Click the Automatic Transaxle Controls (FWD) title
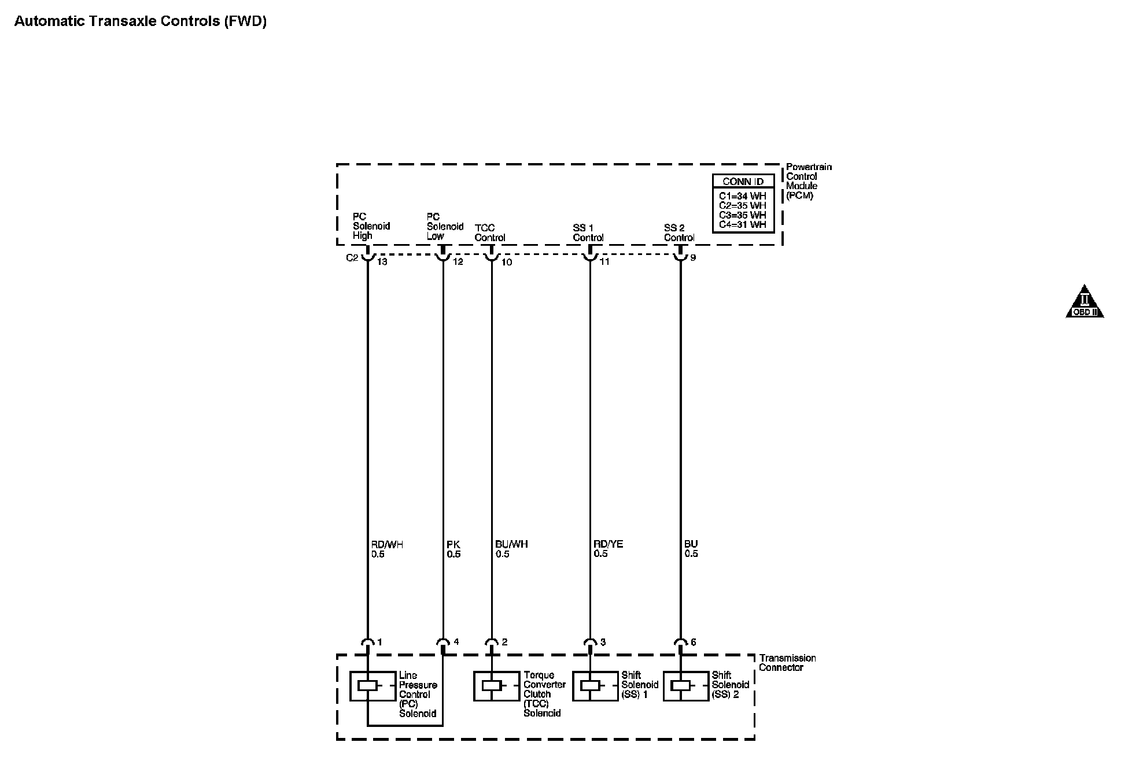pos(140,21)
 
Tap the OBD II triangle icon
pos(1085,302)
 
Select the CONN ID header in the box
pos(743,182)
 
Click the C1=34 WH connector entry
pos(743,196)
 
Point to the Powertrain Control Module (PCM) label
pos(808,181)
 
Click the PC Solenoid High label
pos(371,226)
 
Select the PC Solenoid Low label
pos(445,226)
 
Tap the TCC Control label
pos(490,232)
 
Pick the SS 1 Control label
pos(588,232)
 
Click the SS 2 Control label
pos(679,232)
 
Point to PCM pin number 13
pos(382,262)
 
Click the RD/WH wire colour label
pos(387,544)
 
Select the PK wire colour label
pos(453,544)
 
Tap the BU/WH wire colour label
pos(511,544)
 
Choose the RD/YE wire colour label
pos(608,544)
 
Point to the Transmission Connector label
pos(787,663)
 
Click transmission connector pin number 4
pos(456,642)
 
